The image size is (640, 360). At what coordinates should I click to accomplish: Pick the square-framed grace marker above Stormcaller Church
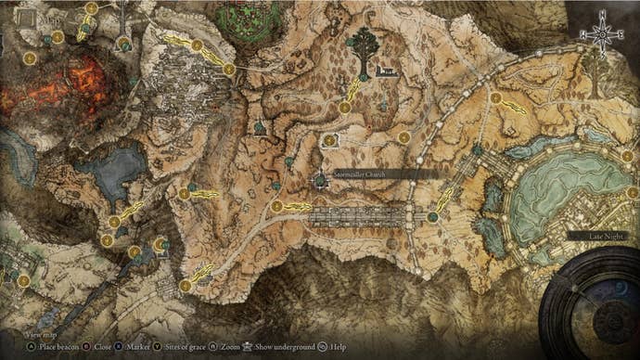[330, 140]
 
